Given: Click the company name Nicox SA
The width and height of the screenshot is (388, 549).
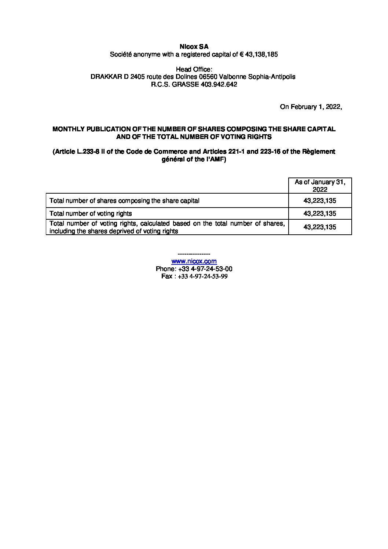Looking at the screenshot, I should point(194,47).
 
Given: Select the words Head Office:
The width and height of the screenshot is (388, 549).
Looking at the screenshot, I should point(194,69).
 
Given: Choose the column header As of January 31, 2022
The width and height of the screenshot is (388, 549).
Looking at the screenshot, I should point(320,186).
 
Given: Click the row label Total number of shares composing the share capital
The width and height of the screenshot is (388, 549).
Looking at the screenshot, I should point(125,201).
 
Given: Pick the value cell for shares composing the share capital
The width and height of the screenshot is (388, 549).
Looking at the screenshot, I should point(320,201).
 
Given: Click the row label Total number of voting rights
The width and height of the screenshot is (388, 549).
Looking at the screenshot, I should point(91,213).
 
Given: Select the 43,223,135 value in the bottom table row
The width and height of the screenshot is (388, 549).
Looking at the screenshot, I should point(320,227).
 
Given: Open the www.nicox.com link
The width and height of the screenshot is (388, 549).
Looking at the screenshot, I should point(194,261).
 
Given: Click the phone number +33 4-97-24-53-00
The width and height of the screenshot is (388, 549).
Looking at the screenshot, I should point(205,269).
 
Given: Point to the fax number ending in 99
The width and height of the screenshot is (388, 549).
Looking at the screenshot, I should point(202,277).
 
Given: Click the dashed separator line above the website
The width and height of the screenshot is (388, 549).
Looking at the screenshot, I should point(194,254).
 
